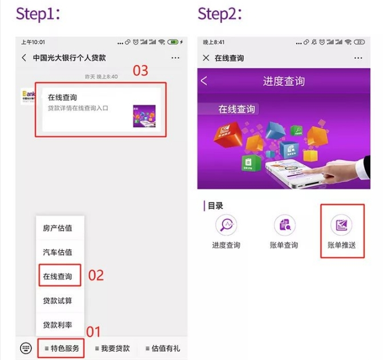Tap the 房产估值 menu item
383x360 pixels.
point(58,228)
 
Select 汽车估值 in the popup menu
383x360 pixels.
point(58,252)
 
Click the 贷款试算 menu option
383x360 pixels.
point(58,301)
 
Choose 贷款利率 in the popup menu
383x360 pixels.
point(58,325)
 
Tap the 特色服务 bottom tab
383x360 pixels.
point(62,348)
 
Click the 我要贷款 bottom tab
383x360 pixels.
point(112,348)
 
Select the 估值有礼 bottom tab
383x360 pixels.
point(162,348)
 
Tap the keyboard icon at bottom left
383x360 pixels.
point(26,348)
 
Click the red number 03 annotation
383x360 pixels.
point(140,70)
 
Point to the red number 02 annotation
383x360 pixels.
point(96,275)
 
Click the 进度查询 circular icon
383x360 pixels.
point(226,225)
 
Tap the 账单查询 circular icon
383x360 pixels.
point(284,225)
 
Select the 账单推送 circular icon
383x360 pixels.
point(341,225)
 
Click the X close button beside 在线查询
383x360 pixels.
point(206,58)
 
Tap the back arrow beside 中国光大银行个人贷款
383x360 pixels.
point(24,58)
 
